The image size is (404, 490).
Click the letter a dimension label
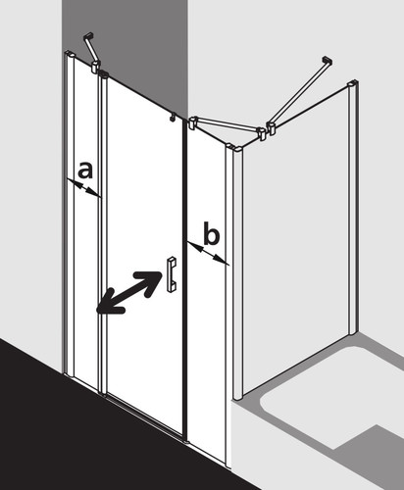pos(85,171)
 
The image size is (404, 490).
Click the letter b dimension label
pos(211,233)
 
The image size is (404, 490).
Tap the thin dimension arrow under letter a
pos(84,188)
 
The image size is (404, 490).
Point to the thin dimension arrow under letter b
pos(208,253)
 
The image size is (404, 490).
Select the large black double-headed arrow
pos(129,293)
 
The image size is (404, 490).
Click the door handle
pos(172,274)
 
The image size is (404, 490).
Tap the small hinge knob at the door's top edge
pos(173,117)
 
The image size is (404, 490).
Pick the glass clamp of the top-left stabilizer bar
pos(95,66)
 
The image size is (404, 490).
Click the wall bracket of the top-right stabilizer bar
pos(328,60)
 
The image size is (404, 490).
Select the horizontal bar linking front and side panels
pos(227,127)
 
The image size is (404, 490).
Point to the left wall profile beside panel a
pos(70,214)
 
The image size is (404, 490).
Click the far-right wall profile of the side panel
pos(353,207)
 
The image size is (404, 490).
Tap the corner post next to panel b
pos(237,271)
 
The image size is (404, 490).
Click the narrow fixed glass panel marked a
pos(86,222)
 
